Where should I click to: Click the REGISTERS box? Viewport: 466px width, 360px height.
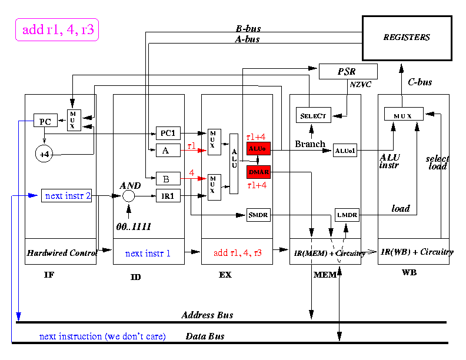pyautogui.click(x=407, y=38)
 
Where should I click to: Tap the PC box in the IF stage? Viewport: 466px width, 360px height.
pyautogui.click(x=45, y=122)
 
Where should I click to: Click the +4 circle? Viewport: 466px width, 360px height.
pyautogui.click(x=44, y=154)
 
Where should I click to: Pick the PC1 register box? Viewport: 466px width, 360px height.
pyautogui.click(x=167, y=133)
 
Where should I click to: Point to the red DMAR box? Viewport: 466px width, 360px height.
pyautogui.click(x=258, y=172)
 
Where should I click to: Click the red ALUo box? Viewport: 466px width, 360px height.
pyautogui.click(x=258, y=148)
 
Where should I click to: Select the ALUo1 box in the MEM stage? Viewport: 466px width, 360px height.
pyautogui.click(x=345, y=151)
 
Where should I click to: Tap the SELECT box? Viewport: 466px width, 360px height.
pyautogui.click(x=313, y=115)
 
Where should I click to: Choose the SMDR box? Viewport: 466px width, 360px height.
pyautogui.click(x=258, y=215)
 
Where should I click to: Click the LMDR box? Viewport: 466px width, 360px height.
pyautogui.click(x=347, y=215)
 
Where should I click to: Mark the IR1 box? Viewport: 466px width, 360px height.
pyautogui.click(x=167, y=196)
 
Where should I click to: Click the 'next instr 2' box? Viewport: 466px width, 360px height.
pyautogui.click(x=66, y=196)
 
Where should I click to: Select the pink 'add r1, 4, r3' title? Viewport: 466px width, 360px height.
pyautogui.click(x=56, y=29)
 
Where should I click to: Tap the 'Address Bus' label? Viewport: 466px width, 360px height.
pyautogui.click(x=207, y=315)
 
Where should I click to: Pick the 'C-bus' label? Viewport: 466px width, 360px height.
pyautogui.click(x=420, y=82)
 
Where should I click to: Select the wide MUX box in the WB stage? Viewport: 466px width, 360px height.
pyautogui.click(x=404, y=114)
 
